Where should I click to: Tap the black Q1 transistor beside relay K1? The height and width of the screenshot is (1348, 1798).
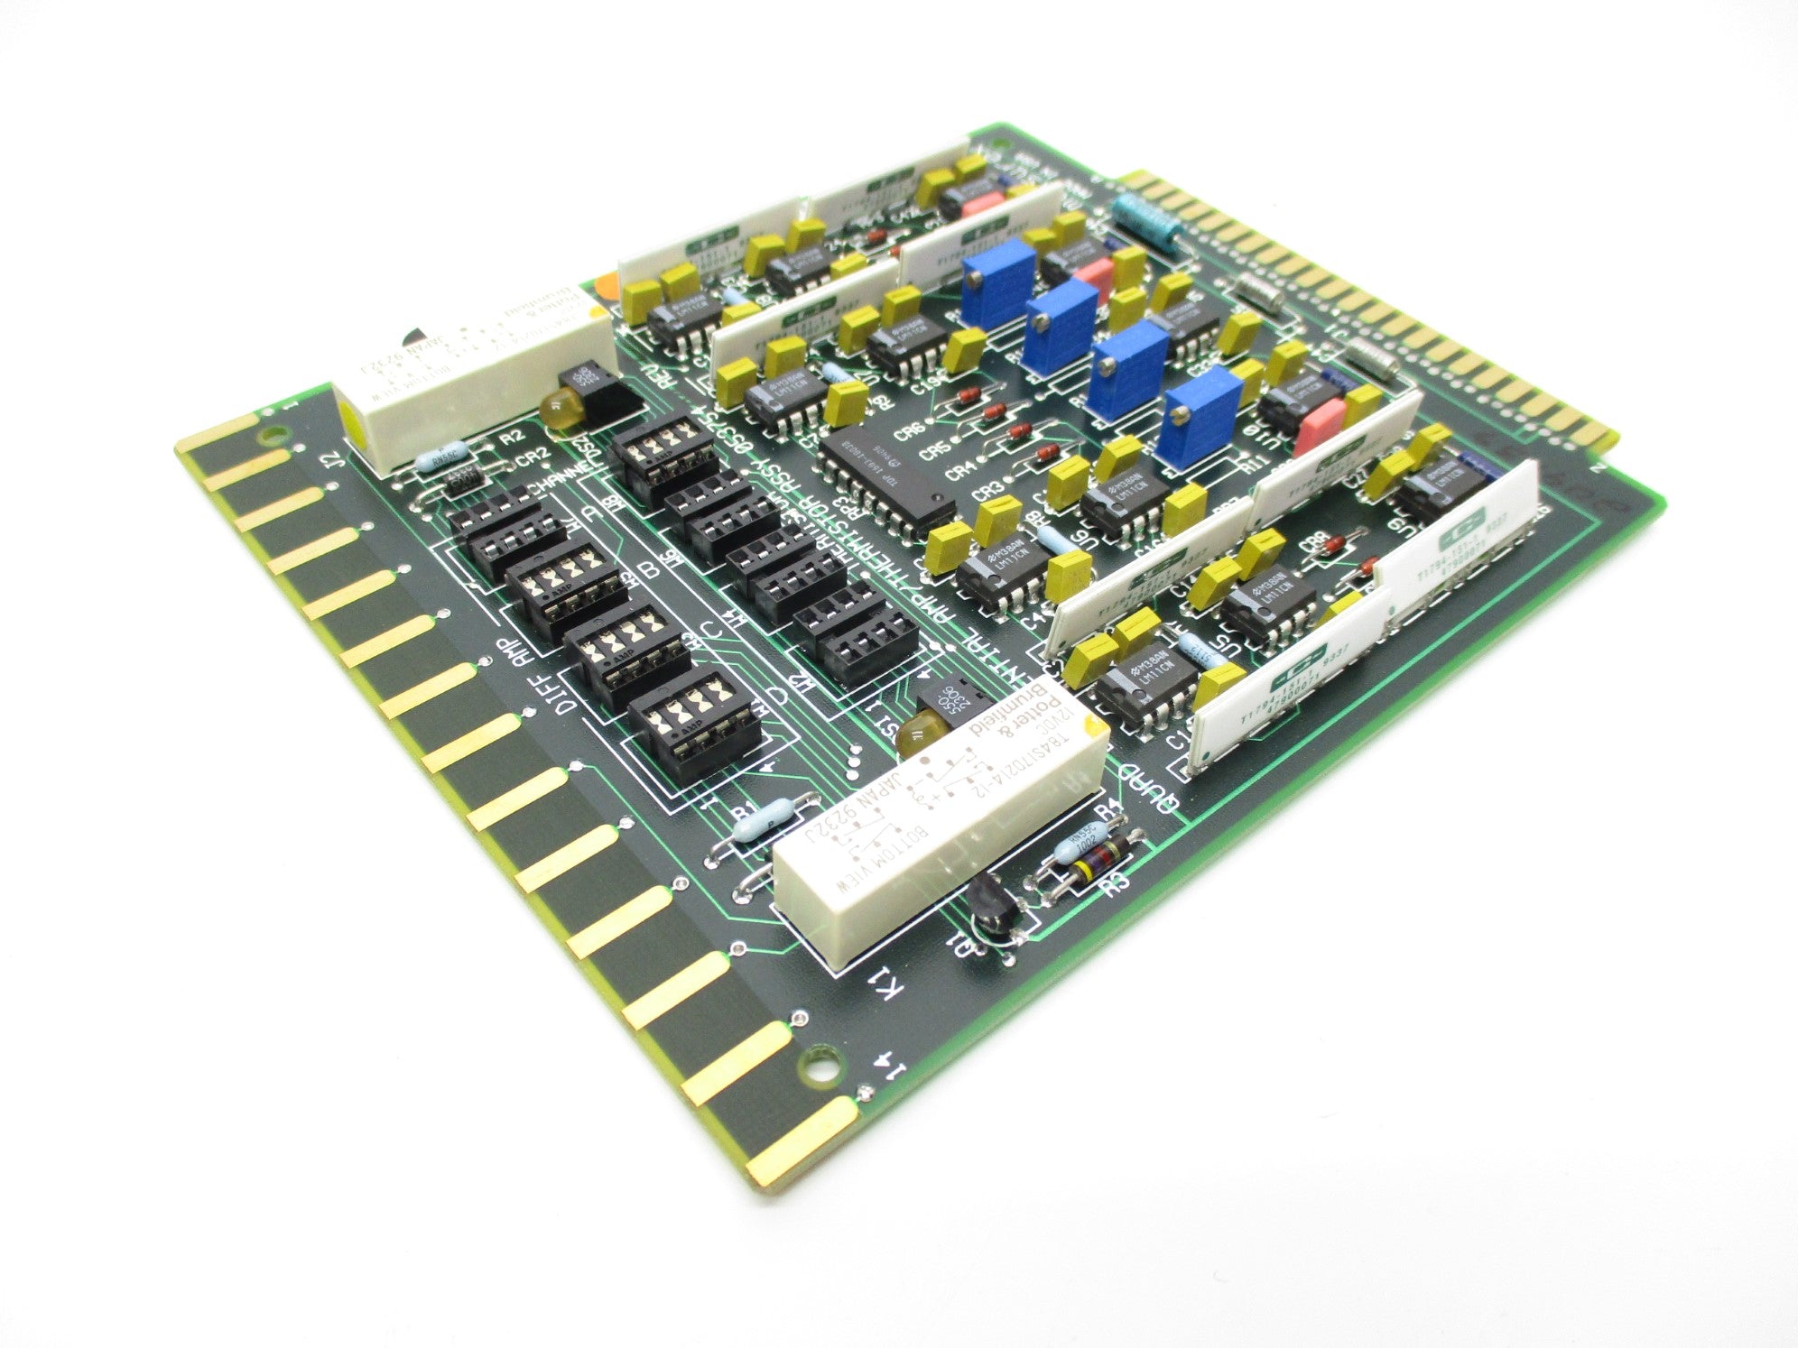pos(991,909)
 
